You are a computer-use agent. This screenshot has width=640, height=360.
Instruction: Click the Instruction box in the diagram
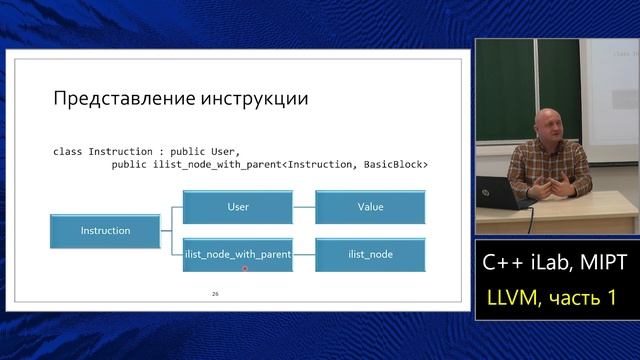[x=105, y=231]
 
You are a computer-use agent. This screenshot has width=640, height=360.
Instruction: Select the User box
[x=238, y=207]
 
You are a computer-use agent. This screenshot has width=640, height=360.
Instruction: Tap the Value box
[x=369, y=207]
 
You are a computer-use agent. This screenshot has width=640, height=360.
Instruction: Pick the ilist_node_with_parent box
[x=238, y=255]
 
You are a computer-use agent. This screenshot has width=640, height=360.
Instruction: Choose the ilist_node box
[x=369, y=255]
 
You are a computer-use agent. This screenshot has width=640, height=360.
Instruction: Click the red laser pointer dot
[x=244, y=268]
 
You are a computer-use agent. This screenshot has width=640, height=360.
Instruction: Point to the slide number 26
[x=215, y=294]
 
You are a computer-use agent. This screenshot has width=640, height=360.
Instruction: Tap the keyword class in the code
[x=67, y=152]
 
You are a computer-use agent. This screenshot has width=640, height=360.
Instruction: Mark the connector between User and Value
[x=300, y=207]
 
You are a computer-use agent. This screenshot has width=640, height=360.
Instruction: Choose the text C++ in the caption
[x=500, y=263]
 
